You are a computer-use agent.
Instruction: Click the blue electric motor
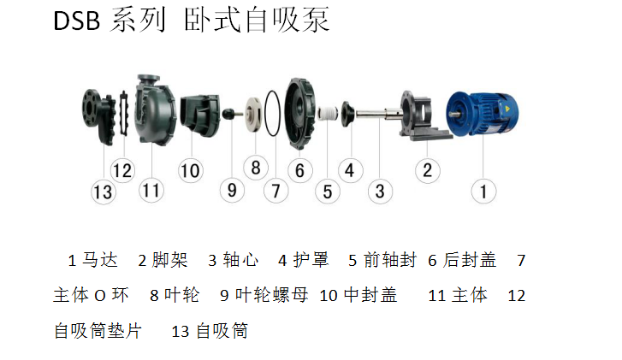coord(482,114)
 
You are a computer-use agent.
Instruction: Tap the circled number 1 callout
coord(483,192)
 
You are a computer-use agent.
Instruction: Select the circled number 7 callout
coord(275,191)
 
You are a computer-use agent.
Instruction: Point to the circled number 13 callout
coord(104,192)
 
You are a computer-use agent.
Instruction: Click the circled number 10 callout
coord(191,170)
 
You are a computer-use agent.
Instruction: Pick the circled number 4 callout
coord(350,170)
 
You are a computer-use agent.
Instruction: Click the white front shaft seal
coord(328,114)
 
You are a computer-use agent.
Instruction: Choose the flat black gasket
coord(124,114)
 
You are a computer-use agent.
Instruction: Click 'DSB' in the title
coord(76,21)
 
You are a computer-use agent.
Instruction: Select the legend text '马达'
coord(99,260)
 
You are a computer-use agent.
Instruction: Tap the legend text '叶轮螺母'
coord(272,295)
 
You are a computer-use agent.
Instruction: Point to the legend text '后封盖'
coord(470,260)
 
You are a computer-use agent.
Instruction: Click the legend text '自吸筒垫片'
coord(98,331)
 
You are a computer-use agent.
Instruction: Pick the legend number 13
coord(180,332)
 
